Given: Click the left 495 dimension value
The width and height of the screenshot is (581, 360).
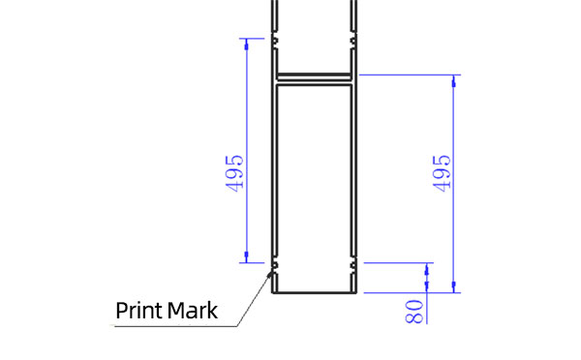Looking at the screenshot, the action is pos(234,173).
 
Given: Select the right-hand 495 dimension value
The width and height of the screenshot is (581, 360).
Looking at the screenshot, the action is pos(442,173).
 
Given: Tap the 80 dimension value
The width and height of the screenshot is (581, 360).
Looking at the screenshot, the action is pos(413,312).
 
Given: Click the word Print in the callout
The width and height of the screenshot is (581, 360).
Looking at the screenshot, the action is pos(139,311).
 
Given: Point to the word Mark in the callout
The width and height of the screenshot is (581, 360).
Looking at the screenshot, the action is pos(193,311).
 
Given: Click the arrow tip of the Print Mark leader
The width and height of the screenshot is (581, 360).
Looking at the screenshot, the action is pos(271,272).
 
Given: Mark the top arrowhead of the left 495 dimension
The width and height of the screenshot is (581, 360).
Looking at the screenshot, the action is pos(247,44).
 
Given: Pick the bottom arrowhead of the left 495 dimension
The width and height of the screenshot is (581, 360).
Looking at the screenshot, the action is pos(247,257).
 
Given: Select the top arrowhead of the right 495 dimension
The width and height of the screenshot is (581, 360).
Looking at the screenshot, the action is pos(454,80).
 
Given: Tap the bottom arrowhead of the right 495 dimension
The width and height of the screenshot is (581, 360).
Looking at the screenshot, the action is pos(454,287).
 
